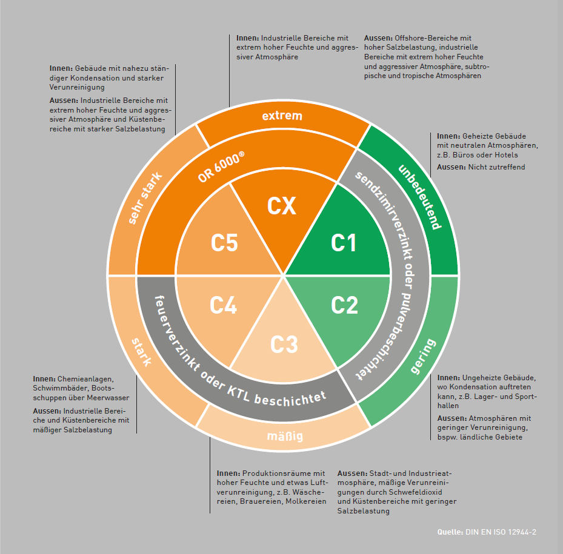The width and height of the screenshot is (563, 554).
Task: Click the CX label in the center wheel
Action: pyautogui.click(x=281, y=206)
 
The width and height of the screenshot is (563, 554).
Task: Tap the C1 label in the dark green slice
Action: pyautogui.click(x=343, y=243)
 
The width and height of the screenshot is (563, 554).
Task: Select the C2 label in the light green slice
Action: pyautogui.click(x=344, y=305)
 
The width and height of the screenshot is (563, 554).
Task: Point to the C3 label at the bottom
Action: pyautogui.click(x=284, y=345)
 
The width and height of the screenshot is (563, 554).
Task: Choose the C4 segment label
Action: pyautogui.click(x=224, y=305)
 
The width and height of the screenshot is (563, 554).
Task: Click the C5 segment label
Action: pyautogui.click(x=224, y=243)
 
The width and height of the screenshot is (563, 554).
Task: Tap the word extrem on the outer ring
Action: pyautogui.click(x=282, y=116)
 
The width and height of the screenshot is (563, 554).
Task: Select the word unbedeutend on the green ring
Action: pyautogui.click(x=419, y=197)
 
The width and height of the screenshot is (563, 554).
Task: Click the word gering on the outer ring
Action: pyautogui.click(x=424, y=356)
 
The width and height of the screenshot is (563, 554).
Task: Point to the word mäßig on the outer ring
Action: pyautogui.click(x=285, y=437)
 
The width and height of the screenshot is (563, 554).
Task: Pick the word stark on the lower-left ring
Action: pyautogui.click(x=141, y=352)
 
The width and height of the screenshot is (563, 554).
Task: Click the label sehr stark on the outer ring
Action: pyautogui.click(x=145, y=199)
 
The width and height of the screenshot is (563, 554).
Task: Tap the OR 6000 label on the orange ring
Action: pyautogui.click(x=221, y=167)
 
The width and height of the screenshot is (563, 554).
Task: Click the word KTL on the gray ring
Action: pyautogui.click(x=238, y=393)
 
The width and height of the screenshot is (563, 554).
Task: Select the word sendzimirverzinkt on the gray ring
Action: pyautogui.click(x=384, y=216)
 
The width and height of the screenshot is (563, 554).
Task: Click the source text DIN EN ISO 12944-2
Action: pyautogui.click(x=501, y=532)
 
